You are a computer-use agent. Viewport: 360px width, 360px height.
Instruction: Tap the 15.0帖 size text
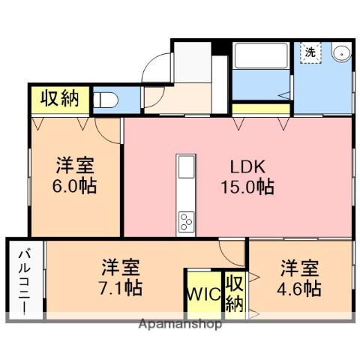pyautogui.click(x=246, y=187)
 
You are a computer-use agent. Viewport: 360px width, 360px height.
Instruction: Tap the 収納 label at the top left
pyautogui.click(x=59, y=98)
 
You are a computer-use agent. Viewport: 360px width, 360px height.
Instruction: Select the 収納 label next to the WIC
pyautogui.click(x=233, y=293)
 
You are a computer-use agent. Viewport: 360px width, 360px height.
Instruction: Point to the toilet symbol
pyautogui.click(x=106, y=99)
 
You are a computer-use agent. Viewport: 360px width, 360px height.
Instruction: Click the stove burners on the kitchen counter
pyautogui.click(x=185, y=222)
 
